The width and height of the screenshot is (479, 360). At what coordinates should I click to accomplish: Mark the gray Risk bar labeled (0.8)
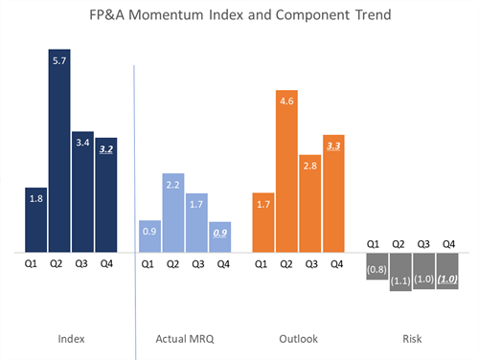376,267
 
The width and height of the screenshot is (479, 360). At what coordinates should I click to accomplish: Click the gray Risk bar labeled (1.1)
400,272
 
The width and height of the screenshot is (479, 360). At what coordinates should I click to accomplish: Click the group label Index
70,338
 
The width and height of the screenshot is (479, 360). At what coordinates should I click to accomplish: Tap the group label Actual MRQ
183,338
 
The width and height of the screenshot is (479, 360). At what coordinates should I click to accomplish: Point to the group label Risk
412,338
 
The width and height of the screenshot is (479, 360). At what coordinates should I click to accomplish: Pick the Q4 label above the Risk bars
448,244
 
